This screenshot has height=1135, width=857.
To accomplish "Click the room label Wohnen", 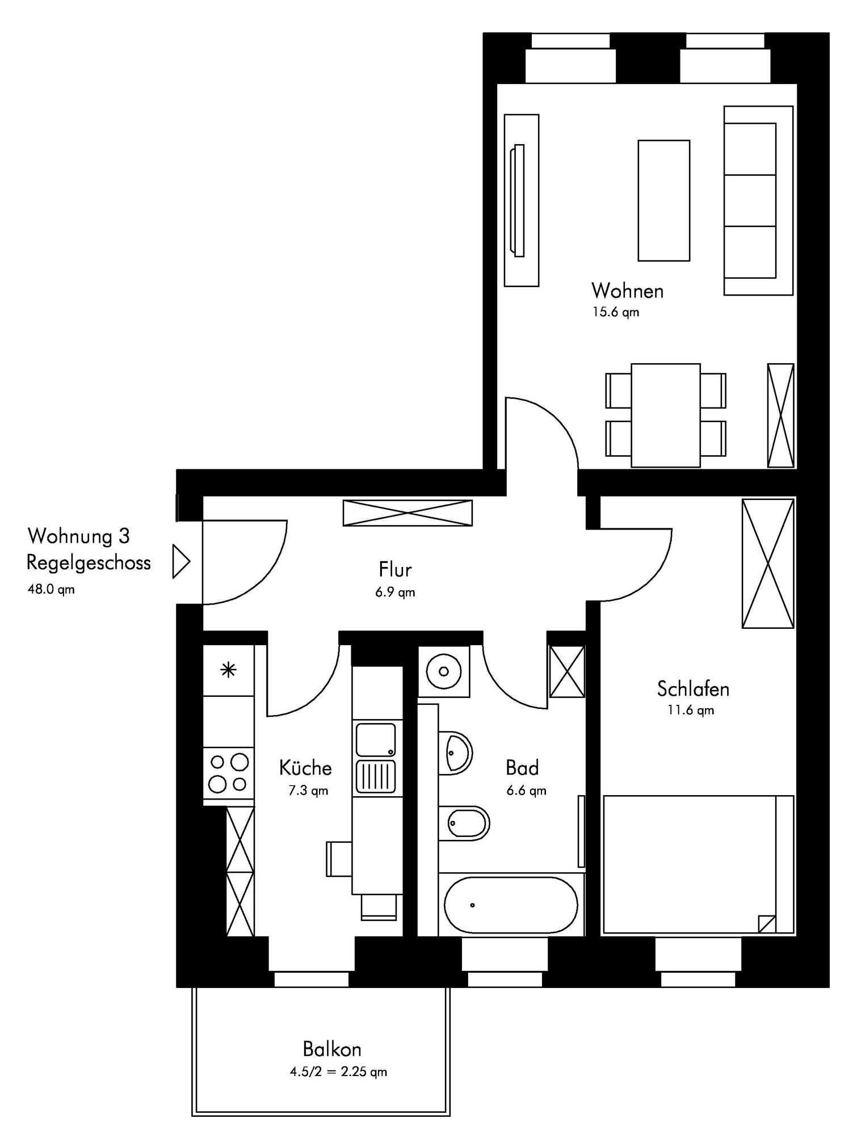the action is (627, 291).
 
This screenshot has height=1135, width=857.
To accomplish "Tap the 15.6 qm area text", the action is (616, 312).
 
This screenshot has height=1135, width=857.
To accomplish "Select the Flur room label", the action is (395, 569).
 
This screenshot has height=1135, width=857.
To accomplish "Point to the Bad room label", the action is (522, 768).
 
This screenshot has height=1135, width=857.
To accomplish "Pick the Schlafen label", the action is (693, 689).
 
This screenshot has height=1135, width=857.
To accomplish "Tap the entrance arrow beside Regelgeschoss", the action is (181, 562).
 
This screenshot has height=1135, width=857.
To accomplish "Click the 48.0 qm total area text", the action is (51, 589).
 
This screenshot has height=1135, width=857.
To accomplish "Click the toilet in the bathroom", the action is (464, 823).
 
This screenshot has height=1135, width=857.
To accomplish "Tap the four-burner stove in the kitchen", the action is (229, 773).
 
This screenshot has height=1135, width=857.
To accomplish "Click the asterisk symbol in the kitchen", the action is (228, 671).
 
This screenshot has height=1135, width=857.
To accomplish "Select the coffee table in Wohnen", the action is (663, 200).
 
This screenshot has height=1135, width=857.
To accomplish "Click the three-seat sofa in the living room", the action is (758, 200).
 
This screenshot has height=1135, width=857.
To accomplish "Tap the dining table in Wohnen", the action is (666, 415).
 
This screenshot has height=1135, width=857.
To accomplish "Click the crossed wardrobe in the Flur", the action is (408, 513).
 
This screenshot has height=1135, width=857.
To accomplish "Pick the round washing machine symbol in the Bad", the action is (444, 671).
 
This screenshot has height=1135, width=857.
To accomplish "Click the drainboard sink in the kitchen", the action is (376, 758).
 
